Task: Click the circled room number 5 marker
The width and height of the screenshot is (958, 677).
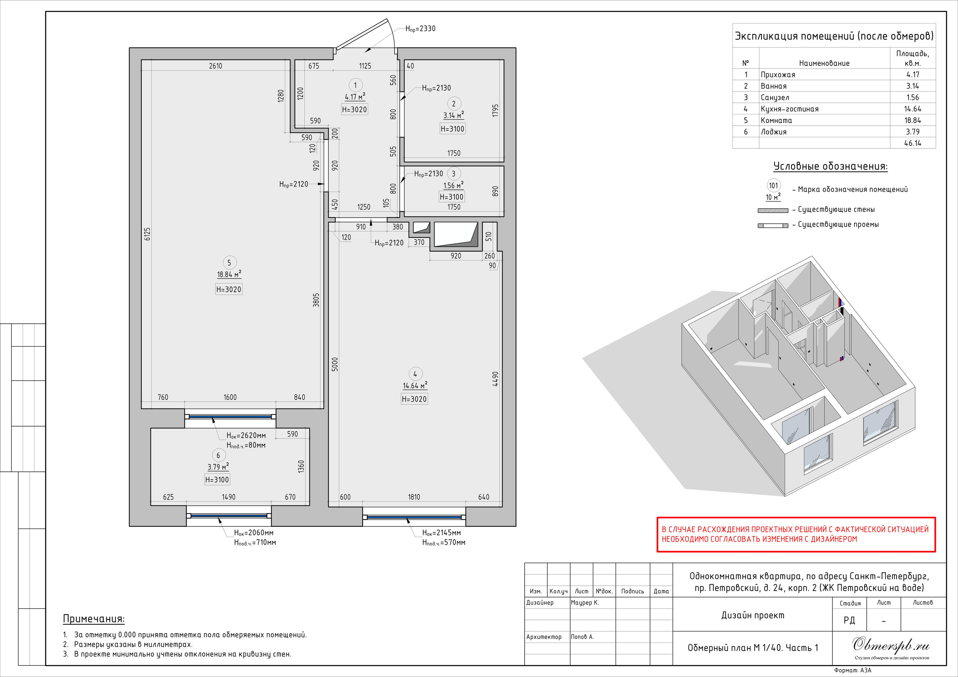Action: click(229, 263)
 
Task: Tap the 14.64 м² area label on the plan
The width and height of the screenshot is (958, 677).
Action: click(415, 386)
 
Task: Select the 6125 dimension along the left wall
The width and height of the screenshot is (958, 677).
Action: click(147, 234)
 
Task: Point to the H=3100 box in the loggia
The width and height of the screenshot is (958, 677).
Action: click(217, 479)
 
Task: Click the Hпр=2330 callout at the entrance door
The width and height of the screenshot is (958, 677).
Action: click(420, 29)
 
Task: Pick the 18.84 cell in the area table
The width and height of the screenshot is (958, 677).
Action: click(912, 120)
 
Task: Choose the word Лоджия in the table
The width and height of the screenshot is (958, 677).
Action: click(774, 132)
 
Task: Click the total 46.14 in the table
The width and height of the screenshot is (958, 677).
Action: click(912, 143)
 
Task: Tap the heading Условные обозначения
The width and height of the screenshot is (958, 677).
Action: click(830, 166)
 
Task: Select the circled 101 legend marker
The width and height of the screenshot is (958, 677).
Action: click(774, 186)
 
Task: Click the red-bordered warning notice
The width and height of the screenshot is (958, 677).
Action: click(796, 535)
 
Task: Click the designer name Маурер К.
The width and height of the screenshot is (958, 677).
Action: click(585, 602)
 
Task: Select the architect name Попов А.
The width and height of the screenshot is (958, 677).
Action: click(583, 637)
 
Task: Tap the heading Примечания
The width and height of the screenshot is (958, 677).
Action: click(94, 619)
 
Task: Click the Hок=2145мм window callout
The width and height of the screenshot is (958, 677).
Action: click(442, 533)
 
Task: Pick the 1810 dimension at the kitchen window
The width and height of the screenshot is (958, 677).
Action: click(414, 497)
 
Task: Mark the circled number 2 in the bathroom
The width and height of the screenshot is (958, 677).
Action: click(454, 104)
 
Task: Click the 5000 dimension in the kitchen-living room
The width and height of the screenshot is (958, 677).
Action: click(335, 364)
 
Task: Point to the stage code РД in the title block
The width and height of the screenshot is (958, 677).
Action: click(849, 620)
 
